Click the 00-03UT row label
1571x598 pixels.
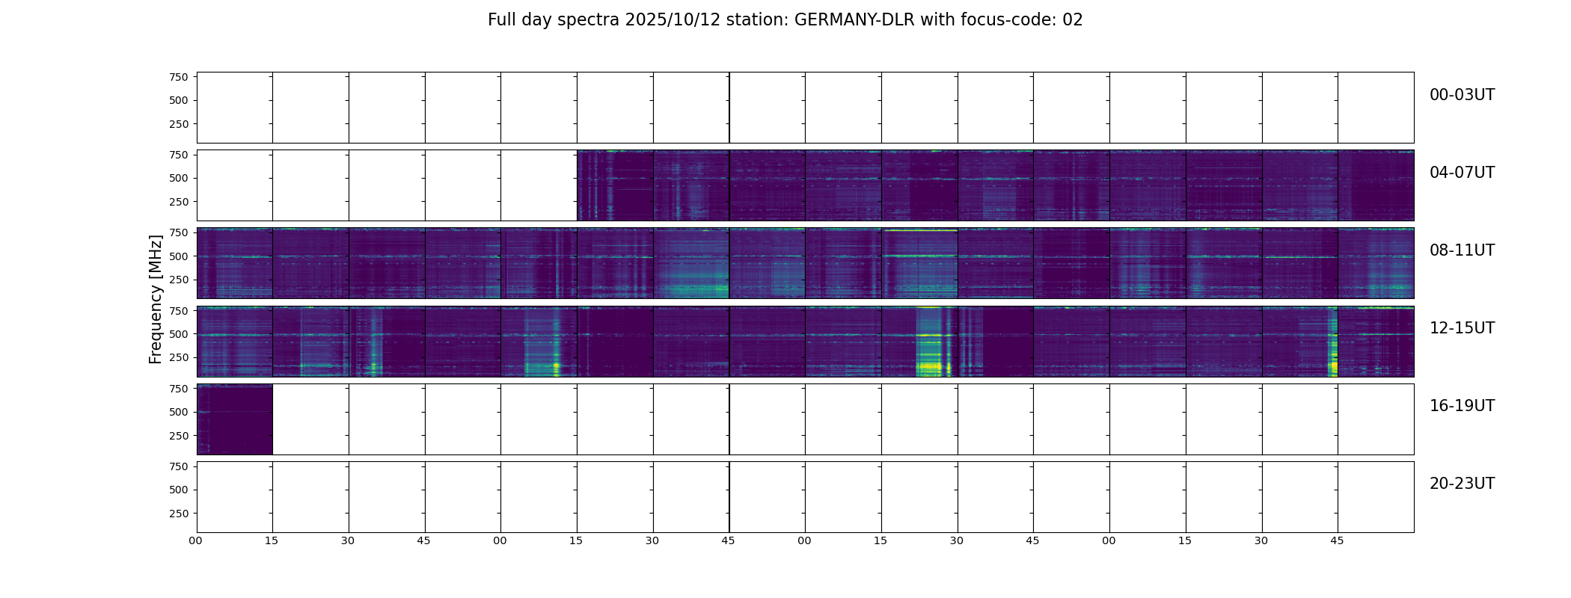tap(1462, 95)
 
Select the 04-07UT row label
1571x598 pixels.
tap(1462, 173)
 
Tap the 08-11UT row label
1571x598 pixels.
tap(1462, 250)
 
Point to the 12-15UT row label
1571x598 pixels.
tap(1462, 328)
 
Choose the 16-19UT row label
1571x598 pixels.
tap(1462, 406)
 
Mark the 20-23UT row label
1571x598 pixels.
tap(1462, 484)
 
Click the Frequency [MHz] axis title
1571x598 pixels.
tap(156, 299)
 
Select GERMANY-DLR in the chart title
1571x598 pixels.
tap(854, 20)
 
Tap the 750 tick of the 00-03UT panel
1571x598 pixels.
tap(179, 77)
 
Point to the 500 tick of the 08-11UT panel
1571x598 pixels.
tap(179, 256)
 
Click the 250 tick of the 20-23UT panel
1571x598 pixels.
tap(179, 514)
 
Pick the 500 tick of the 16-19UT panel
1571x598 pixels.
tap(179, 412)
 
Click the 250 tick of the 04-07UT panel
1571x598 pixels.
tap(179, 202)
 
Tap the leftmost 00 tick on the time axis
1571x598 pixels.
tap(196, 540)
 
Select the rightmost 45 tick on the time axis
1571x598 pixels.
tap(1337, 540)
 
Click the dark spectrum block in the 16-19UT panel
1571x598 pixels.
tap(234, 419)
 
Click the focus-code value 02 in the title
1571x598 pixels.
tap(1073, 20)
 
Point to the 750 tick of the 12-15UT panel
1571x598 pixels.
tap(179, 310)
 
